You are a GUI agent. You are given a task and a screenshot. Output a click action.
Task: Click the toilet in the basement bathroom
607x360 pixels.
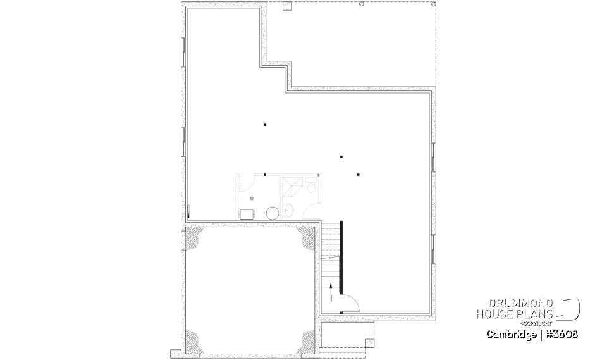click(x=310, y=186)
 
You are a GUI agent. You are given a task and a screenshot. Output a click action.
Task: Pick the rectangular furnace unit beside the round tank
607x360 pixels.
click(x=247, y=214)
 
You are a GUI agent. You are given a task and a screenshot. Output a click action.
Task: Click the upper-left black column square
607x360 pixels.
click(x=266, y=125)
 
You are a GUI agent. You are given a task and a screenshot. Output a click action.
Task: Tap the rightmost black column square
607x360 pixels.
click(x=358, y=174)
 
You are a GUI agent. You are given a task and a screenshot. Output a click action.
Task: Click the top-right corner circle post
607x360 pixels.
click(x=434, y=4)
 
